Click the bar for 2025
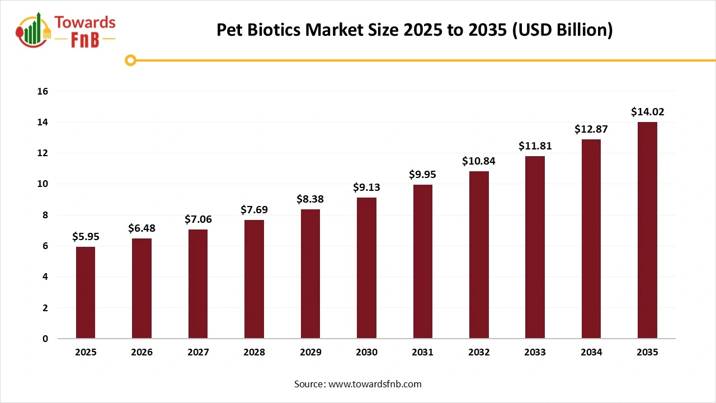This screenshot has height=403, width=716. point(86,292)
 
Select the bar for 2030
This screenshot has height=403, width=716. point(366,268)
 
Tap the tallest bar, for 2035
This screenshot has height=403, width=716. point(647,230)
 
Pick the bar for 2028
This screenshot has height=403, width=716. point(254,279)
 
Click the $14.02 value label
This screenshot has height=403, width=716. point(647,112)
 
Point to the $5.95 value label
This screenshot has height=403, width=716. point(86,237)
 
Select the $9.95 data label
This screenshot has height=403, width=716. point(422,175)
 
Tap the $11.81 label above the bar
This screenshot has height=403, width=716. point(535,146)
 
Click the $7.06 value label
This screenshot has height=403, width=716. point(198,219)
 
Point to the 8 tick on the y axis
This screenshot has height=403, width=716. point(45,215)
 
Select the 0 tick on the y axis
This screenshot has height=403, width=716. point(45,339)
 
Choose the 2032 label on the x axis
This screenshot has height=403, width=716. point(479,353)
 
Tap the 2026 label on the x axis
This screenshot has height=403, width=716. point(142,353)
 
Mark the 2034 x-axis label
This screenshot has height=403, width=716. point(591,353)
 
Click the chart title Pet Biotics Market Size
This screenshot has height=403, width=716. point(414,30)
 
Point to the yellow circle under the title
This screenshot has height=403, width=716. point(130,60)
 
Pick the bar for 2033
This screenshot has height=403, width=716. point(535,247)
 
